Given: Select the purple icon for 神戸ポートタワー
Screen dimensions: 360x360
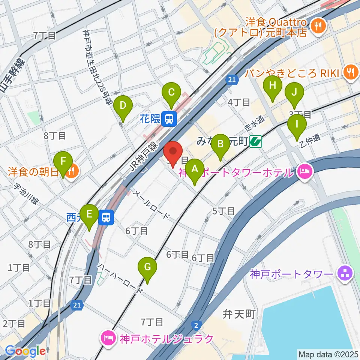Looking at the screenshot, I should click(x=344, y=273).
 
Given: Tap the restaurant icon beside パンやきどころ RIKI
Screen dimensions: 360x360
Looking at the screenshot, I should click(x=351, y=72).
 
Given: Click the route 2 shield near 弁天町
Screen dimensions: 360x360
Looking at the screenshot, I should click(x=196, y=324).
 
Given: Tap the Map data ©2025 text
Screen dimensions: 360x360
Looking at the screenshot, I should click(x=328, y=354).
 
